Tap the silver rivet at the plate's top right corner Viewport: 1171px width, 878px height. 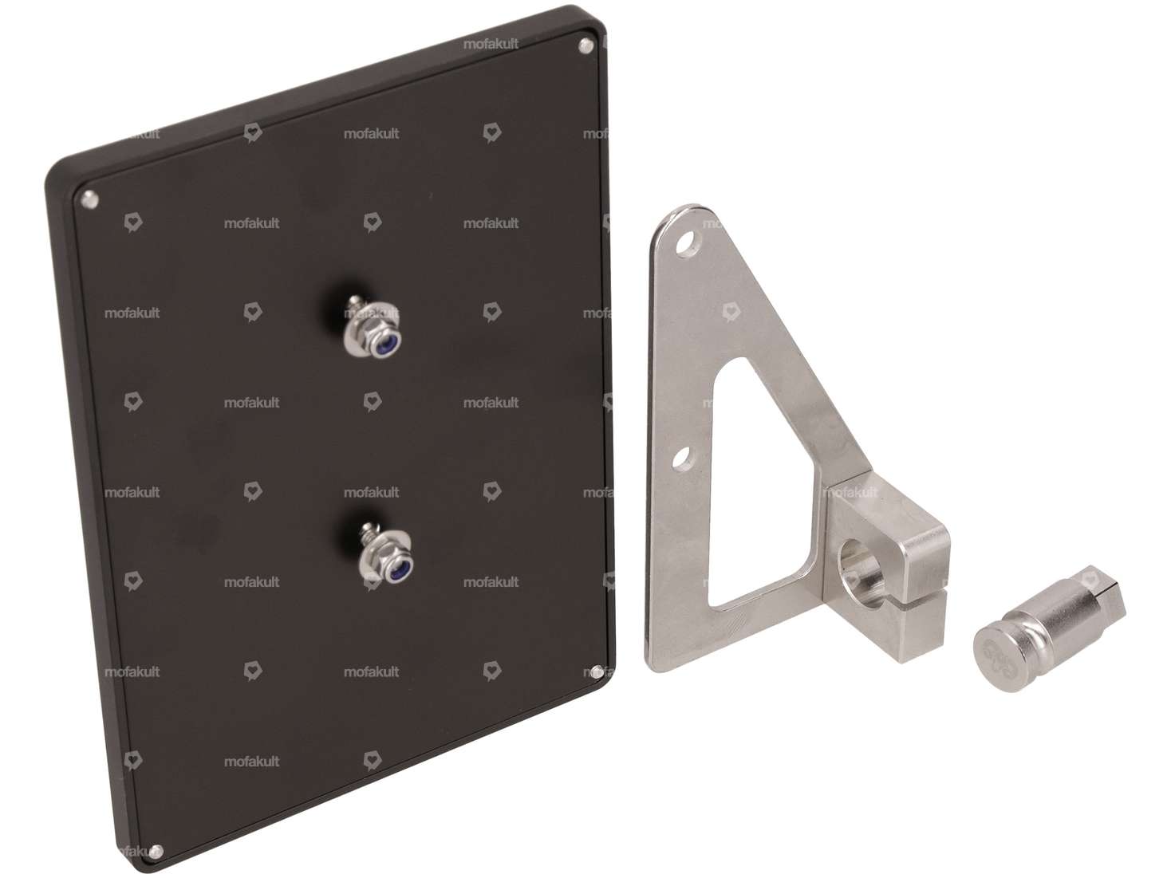pyautogui.click(x=585, y=45)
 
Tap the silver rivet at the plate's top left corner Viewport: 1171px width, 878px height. pyautogui.click(x=89, y=200)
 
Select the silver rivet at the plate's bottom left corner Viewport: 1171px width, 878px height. pyautogui.click(x=156, y=852)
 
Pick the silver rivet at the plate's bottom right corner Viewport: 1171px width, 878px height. pyautogui.click(x=597, y=672)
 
